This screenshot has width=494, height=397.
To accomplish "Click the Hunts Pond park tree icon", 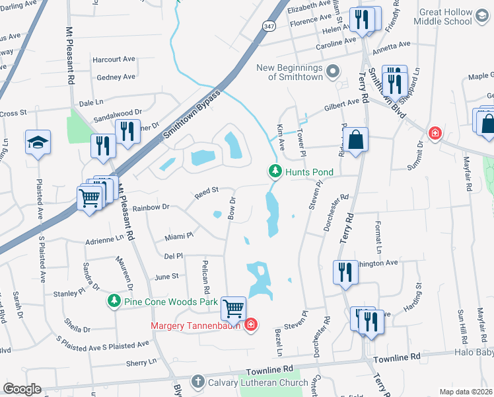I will point(275,171).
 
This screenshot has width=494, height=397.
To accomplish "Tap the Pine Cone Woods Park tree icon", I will point(114,302).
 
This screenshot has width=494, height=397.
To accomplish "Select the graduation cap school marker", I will point(38,142).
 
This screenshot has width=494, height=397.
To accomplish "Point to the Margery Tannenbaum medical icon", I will point(250,325).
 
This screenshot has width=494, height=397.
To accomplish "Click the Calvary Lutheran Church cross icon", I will point(197,381).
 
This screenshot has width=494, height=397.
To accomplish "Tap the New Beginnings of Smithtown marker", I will point(333,70).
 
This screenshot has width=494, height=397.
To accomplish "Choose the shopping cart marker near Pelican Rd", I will point(233,308).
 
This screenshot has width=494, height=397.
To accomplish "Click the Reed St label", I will point(206,192).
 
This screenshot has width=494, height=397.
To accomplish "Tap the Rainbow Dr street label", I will point(151,207).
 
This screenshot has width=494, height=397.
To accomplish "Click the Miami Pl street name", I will point(179,235).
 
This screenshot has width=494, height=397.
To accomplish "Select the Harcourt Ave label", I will point(114,60).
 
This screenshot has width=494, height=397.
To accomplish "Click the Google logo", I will point(22,389).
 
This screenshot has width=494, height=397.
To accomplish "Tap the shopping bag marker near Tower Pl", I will point(355,140).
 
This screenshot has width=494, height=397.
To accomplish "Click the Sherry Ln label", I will point(141,363).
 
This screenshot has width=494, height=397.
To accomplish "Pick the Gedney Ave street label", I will point(116,77).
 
